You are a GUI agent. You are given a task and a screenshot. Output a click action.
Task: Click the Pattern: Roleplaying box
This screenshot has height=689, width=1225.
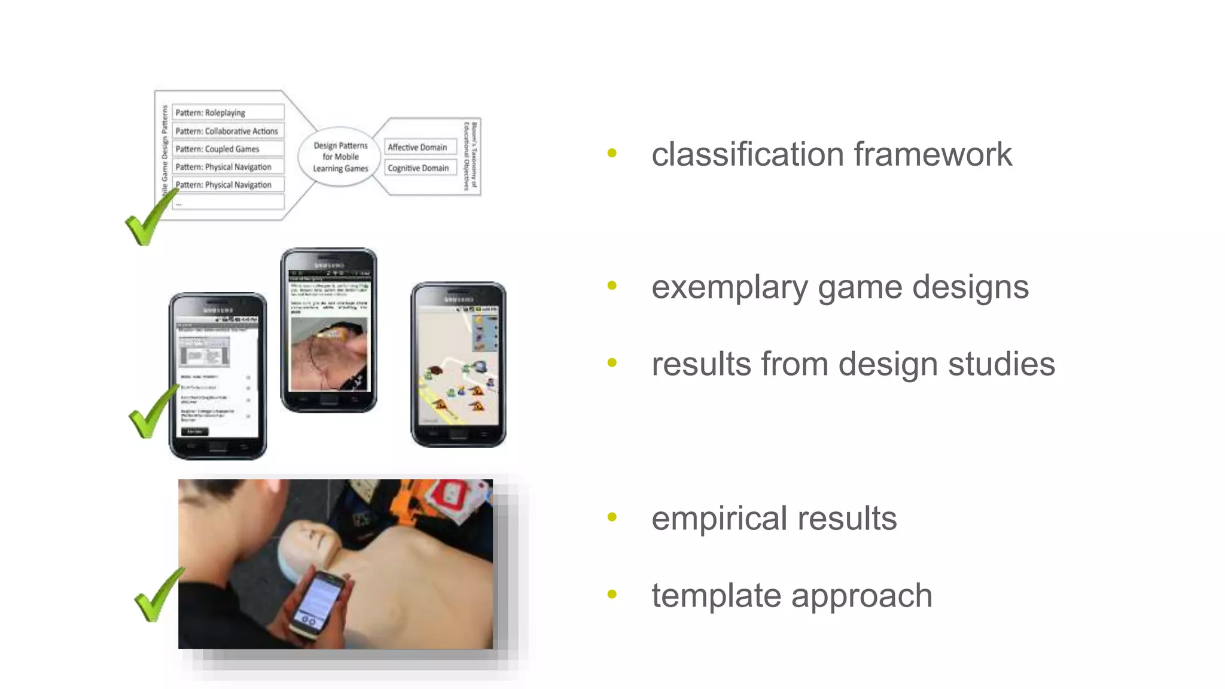(228, 112)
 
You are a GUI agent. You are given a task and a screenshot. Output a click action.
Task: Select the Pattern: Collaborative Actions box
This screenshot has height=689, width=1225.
(228, 131)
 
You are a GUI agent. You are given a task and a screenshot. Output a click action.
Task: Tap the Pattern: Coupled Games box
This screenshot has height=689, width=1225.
(228, 149)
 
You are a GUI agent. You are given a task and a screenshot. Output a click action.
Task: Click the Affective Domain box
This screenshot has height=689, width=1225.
(420, 147)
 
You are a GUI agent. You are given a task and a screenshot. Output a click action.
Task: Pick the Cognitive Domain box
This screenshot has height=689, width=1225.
(420, 168)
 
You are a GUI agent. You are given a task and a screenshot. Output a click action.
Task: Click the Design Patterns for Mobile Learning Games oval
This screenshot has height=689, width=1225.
(340, 157)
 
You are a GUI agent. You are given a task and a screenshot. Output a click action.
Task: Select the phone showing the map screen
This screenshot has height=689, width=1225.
(458, 365)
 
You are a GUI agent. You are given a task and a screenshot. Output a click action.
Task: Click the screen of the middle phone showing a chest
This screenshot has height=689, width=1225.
(329, 353)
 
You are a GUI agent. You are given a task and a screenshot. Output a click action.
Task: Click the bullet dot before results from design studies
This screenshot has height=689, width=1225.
(611, 362)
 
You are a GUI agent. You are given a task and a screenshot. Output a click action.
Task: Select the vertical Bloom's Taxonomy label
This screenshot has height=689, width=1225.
(471, 157)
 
